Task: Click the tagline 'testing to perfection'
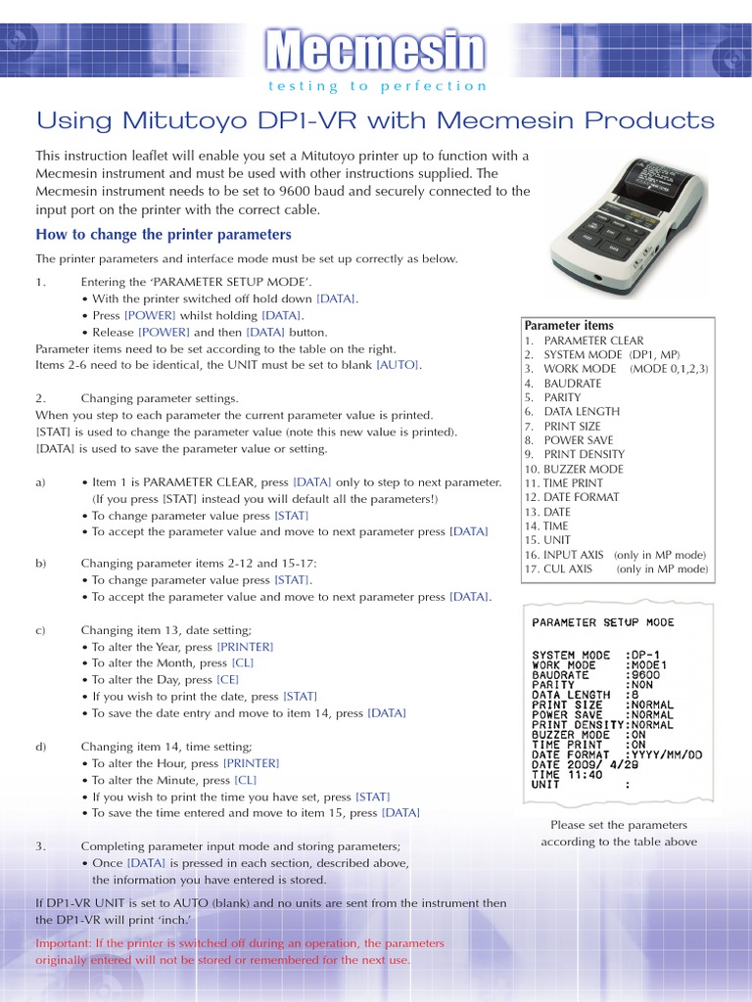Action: (376, 86)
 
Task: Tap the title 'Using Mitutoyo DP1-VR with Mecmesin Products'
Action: (375, 121)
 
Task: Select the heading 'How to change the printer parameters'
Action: (164, 235)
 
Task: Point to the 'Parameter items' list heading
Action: (569, 326)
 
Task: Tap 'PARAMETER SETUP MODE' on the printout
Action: (602, 622)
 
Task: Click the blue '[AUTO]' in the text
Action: (399, 364)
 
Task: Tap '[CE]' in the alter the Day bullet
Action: (227, 679)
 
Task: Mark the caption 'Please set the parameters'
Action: (619, 825)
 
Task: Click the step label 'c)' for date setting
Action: (41, 630)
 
